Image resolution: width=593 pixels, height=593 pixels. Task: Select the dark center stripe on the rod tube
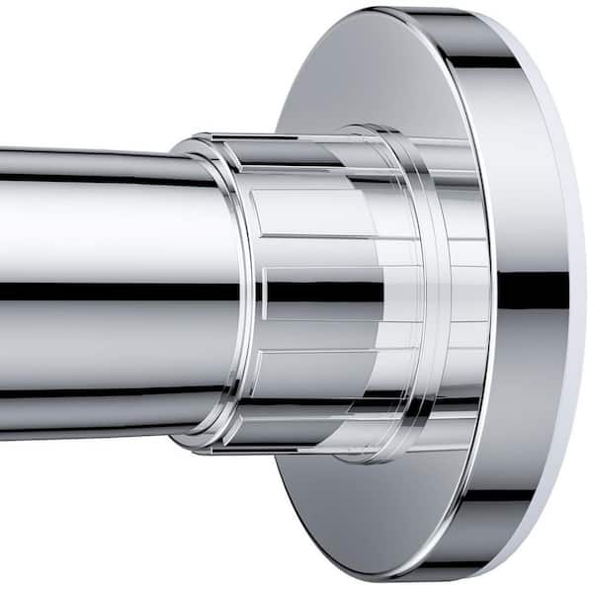99,293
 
